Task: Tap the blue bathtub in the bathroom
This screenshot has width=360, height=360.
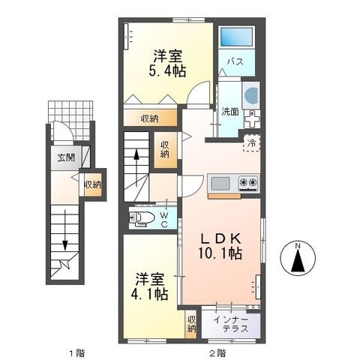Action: click(x=236, y=37)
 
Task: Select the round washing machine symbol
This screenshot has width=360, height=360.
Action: click(x=251, y=95)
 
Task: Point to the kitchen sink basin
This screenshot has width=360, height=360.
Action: click(x=220, y=183)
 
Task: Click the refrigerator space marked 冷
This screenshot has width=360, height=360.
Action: click(x=252, y=143)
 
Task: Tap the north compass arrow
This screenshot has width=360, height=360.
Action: click(x=298, y=259)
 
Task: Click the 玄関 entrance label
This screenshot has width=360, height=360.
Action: click(x=66, y=157)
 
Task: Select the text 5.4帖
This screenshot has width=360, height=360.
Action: click(x=167, y=72)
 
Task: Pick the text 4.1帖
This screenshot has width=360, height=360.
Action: click(x=149, y=294)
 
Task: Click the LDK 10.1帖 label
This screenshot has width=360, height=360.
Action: click(x=220, y=246)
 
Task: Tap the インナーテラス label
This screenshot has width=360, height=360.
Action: click(x=231, y=324)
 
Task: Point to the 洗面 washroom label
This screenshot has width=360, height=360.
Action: click(x=230, y=112)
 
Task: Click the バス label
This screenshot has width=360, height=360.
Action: click(x=235, y=61)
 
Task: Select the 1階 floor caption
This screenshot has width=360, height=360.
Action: click(x=76, y=353)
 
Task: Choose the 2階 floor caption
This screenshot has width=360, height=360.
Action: click(x=217, y=353)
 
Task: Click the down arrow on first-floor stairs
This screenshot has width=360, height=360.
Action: click(x=65, y=229)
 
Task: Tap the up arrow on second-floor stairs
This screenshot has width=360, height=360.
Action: click(x=136, y=167)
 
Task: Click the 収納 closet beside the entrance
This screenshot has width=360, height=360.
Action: click(x=93, y=184)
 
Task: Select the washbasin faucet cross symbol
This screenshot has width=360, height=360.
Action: click(x=252, y=118)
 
